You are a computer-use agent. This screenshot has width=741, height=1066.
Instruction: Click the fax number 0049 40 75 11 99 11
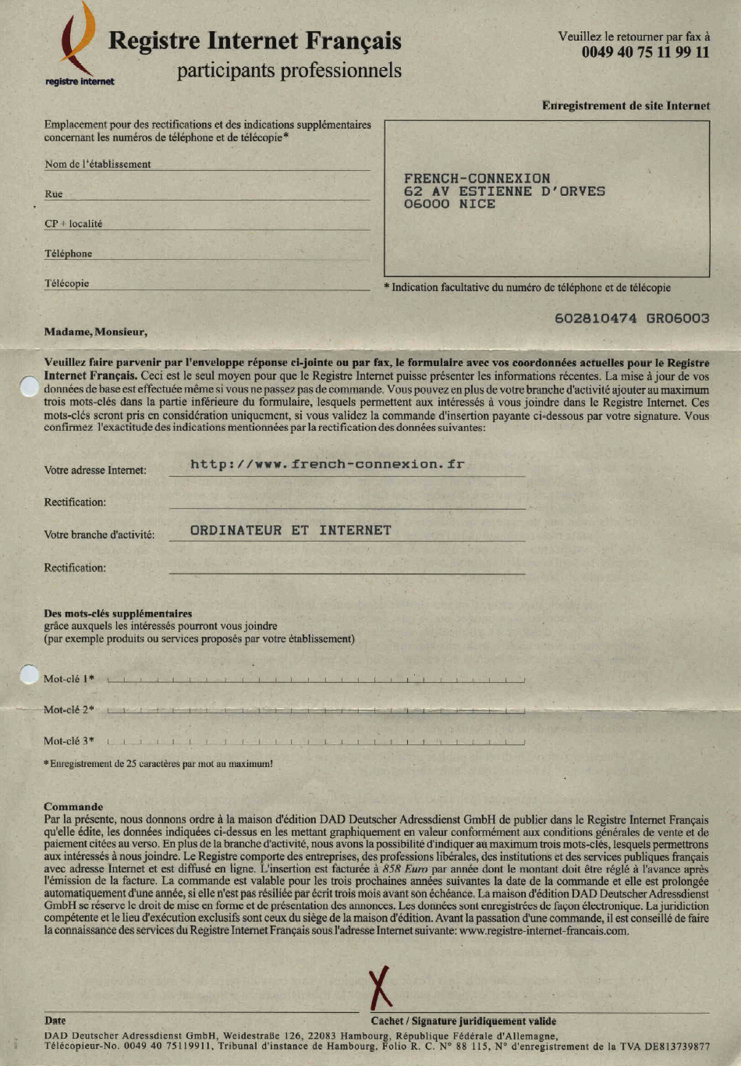coord(645,52)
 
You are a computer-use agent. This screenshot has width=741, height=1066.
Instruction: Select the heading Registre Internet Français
coord(254,41)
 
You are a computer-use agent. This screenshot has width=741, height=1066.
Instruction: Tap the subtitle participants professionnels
coord(289,70)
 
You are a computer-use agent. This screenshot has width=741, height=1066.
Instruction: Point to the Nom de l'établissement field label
coord(97,164)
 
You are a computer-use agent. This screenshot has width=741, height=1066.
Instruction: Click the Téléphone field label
coord(68,254)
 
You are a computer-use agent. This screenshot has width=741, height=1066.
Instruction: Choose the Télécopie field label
coord(66,283)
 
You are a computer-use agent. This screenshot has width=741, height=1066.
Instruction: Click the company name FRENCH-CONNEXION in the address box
coord(477,178)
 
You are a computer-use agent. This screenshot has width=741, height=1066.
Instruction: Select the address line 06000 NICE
coord(449,204)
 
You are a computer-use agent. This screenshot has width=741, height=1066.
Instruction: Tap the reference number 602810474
coord(595,318)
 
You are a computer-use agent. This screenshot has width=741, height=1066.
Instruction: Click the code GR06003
coord(677,318)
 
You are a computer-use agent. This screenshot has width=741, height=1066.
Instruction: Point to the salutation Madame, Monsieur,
coord(95,332)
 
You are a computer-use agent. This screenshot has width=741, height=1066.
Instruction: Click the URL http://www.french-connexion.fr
coord(327,464)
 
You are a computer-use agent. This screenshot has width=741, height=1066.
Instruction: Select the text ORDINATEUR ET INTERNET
coord(290,530)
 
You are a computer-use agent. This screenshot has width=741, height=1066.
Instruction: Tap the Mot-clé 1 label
coord(69,679)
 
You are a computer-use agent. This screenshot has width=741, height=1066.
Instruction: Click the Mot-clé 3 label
coord(69,741)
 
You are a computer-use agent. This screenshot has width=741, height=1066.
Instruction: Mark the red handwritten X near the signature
coord(381,987)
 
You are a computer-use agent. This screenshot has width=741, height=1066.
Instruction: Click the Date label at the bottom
coord(55,1020)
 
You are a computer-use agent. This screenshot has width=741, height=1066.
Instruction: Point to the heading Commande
coord(73,807)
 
